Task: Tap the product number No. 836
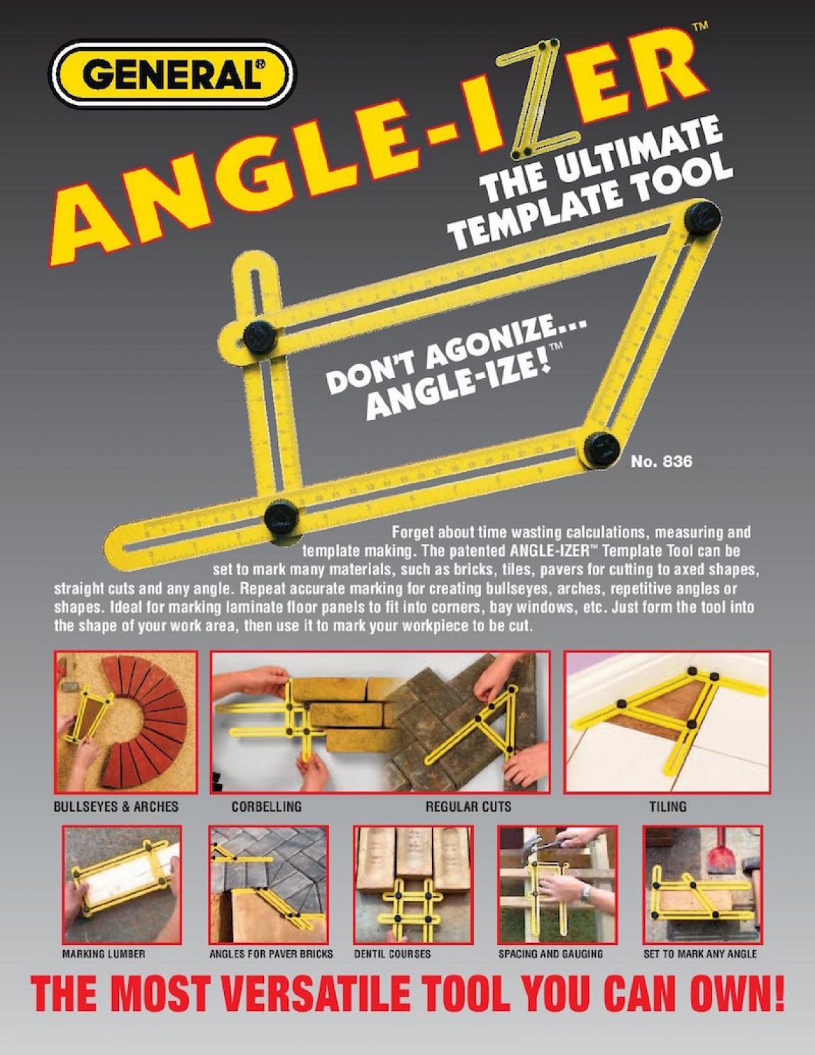[x=661, y=460]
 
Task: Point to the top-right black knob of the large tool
[x=702, y=219]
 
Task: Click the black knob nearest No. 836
[x=600, y=449]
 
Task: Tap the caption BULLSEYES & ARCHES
[x=116, y=807]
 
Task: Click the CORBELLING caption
[x=267, y=807]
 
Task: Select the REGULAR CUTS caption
[x=468, y=807]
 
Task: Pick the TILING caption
[x=668, y=807]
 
